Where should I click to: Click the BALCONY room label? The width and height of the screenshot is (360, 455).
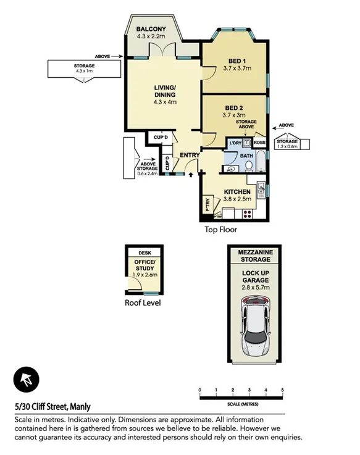point(151,29)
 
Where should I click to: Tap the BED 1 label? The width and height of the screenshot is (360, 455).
point(235,61)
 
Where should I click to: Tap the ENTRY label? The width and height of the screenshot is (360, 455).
point(188,155)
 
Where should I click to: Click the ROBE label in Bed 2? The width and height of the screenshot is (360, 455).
point(260,143)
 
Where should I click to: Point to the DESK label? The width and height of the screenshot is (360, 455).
point(144,253)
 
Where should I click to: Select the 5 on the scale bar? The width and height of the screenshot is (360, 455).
point(282,390)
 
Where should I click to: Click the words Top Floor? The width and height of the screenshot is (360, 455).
point(221,229)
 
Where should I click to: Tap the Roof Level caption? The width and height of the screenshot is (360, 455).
point(144,303)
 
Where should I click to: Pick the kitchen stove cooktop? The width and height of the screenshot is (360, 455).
point(247,214)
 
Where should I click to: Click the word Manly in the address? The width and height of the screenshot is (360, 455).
point(80,406)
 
